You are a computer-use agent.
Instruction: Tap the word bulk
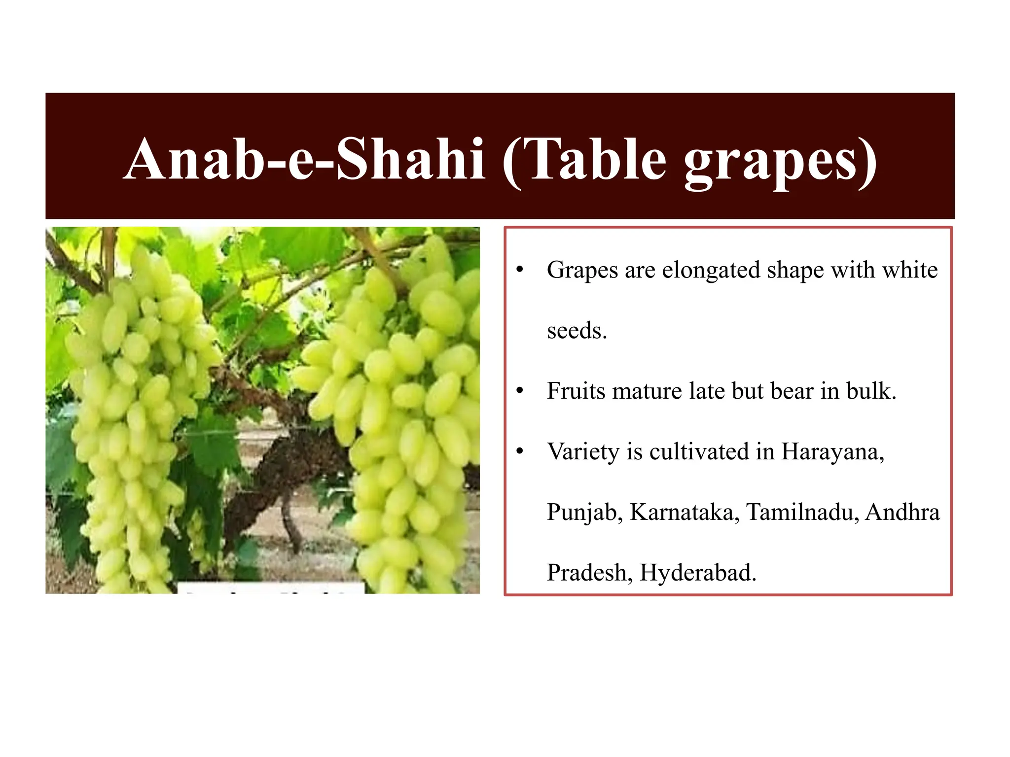[871, 391]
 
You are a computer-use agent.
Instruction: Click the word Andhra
[902, 513]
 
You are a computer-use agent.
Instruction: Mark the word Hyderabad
[698, 573]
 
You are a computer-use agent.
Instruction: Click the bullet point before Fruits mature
[519, 391]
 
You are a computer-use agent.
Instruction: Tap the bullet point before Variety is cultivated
[519, 452]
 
